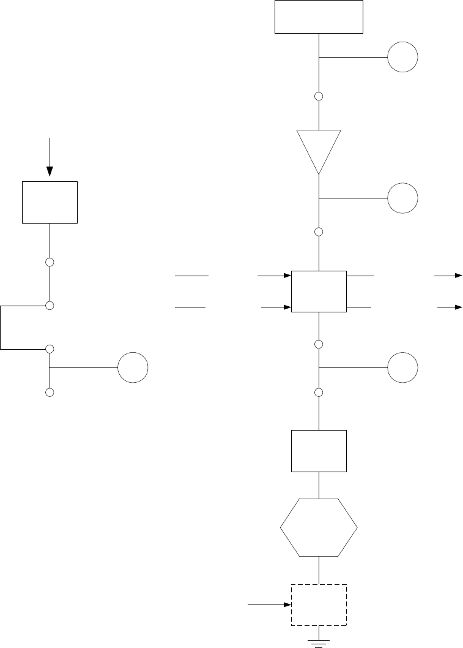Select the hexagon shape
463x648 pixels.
pos(319,527)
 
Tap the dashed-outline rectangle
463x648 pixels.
pos(319,605)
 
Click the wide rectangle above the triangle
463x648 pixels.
pos(319,17)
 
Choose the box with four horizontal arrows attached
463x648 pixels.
pos(319,291)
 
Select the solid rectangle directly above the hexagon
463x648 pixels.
pos(319,451)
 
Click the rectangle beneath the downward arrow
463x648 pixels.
pos(50,202)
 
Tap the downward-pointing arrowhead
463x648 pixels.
pos(50,171)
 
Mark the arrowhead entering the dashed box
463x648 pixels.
pos(286,605)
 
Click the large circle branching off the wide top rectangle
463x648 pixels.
pos(402,58)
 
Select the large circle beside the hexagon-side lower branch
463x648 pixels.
pos(402,368)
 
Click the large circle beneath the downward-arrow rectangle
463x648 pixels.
pos(133,368)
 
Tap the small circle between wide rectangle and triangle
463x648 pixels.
pos(319,96)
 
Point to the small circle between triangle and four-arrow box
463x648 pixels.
pos(319,232)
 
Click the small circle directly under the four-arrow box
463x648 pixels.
pos(319,344)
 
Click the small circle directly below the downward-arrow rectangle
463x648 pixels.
pos(50,262)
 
